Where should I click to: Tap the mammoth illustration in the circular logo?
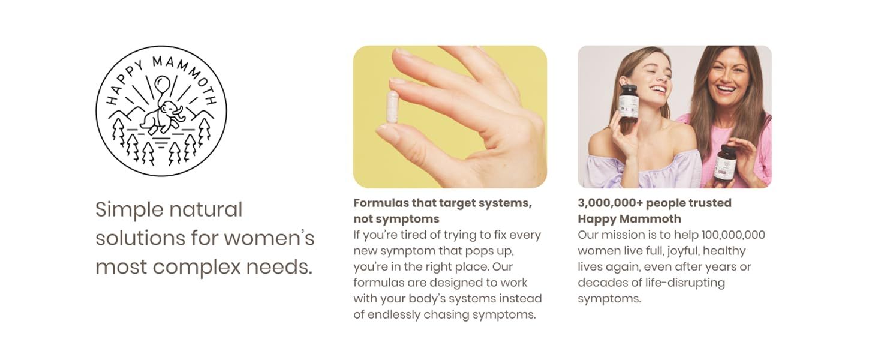[162, 117]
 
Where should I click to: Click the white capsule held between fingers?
[392, 107]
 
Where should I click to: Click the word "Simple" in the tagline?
[129, 210]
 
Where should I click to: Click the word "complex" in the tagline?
[196, 268]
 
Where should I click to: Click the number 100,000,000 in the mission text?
[733, 235]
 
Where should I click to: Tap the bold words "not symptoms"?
[396, 219]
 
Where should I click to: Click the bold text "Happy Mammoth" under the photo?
[630, 219]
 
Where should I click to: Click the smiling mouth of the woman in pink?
[727, 90]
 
